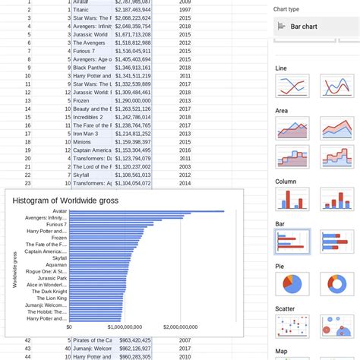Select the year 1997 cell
tap(185, 11)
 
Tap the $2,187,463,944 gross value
tap(133, 11)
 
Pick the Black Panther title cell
tap(90, 67)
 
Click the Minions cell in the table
tap(83, 141)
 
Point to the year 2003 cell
tap(185, 166)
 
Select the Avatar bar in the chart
tap(137, 211)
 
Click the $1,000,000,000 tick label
tap(122, 327)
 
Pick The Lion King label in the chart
tap(51, 298)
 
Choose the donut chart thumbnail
tap(334, 284)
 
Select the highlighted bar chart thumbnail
tap(292, 242)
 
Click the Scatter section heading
tap(285, 308)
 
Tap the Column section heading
tap(286, 182)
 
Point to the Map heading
tap(281, 351)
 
